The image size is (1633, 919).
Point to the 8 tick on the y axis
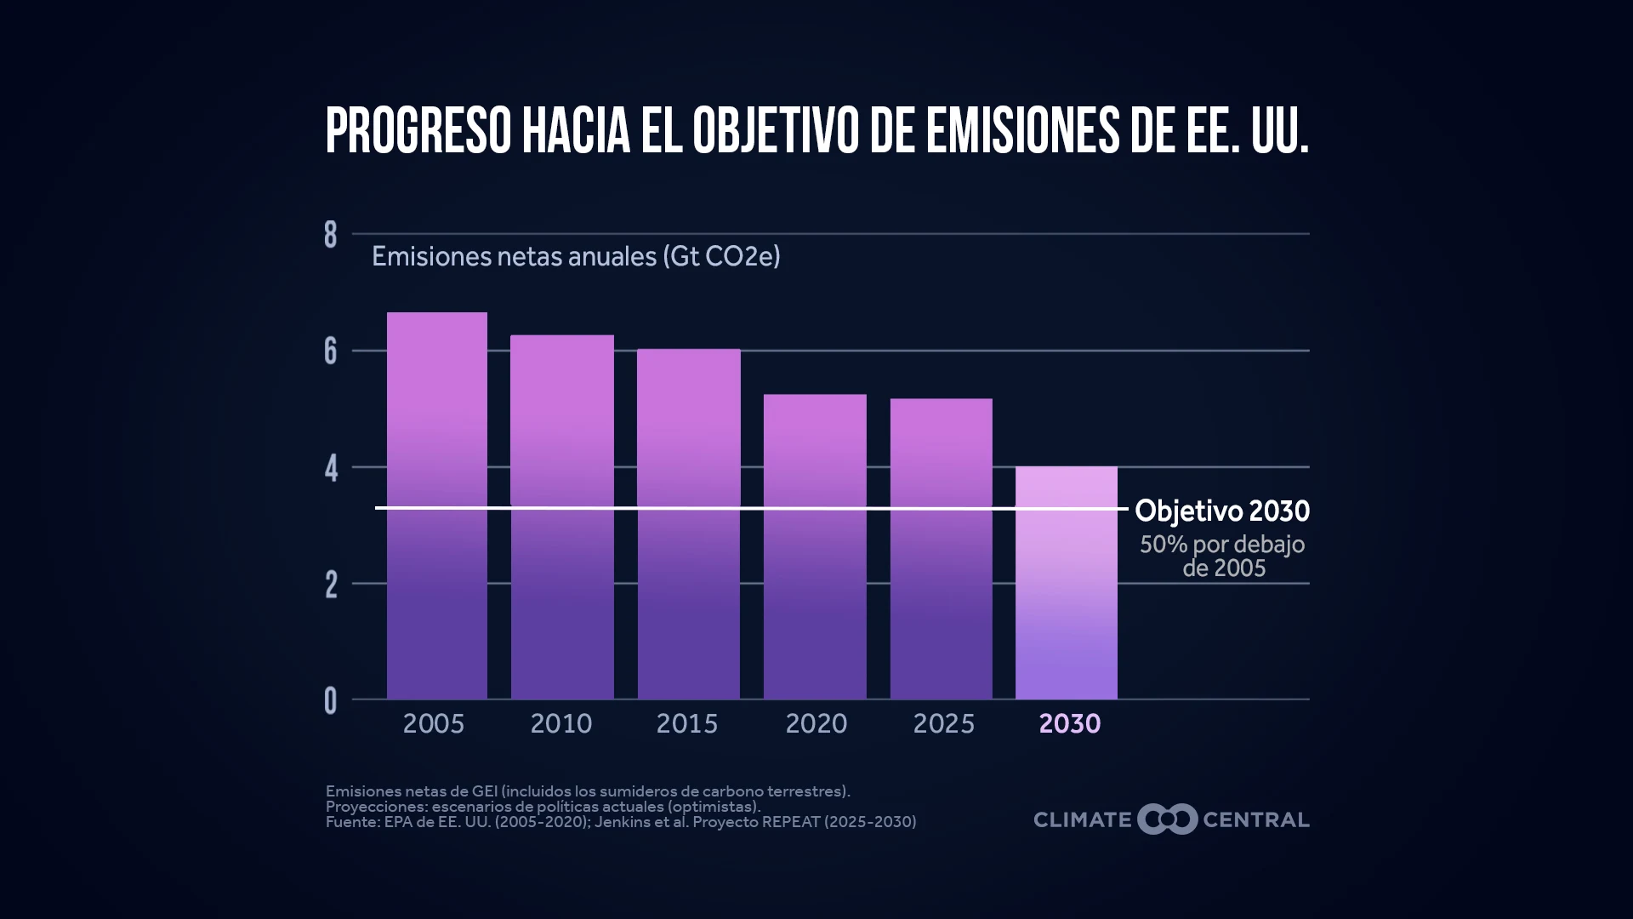331,235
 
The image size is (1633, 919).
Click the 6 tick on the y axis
331,351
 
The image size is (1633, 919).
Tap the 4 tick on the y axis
331,468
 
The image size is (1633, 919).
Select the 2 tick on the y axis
331,585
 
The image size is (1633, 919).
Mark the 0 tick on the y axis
331,701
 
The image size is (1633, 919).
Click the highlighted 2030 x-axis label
1070,724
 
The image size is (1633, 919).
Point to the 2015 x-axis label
687,724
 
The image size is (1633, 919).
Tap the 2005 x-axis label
434,724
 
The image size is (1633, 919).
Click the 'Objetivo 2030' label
1222,511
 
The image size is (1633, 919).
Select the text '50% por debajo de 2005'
1223,556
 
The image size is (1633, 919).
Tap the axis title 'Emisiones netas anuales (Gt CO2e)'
576,256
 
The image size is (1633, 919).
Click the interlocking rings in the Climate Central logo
1167,819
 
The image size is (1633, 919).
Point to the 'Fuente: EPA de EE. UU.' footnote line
621,822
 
